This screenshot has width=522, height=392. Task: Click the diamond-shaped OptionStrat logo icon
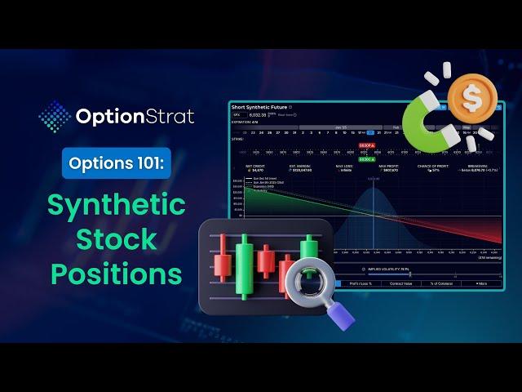point(55,116)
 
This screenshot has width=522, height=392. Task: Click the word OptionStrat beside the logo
point(135,117)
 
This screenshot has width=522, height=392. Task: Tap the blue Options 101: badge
point(116,163)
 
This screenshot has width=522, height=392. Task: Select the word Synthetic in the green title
point(116,204)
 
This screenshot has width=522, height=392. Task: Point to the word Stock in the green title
point(116,239)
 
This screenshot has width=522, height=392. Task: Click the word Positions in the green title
point(116,274)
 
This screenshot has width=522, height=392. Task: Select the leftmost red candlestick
point(223,262)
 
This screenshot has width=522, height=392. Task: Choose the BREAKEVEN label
point(477,164)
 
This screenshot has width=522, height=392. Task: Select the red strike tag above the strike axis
point(366,145)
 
